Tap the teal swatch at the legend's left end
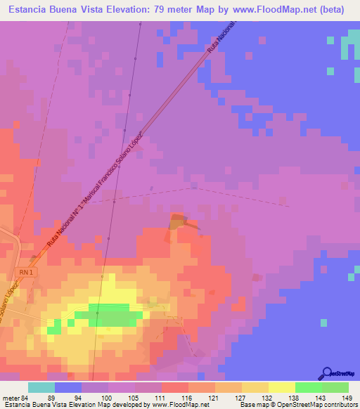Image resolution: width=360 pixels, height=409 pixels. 41,387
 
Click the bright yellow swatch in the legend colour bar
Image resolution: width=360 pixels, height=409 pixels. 282,387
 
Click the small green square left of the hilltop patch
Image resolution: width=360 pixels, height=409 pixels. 53,329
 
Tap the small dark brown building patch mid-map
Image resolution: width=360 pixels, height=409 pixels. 176,221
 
